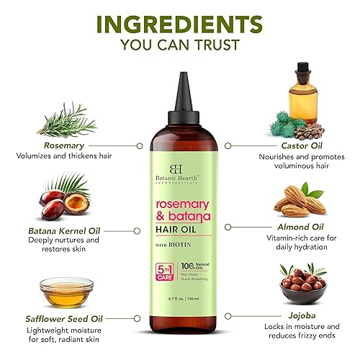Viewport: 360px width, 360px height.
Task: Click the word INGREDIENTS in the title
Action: click(179, 24)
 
